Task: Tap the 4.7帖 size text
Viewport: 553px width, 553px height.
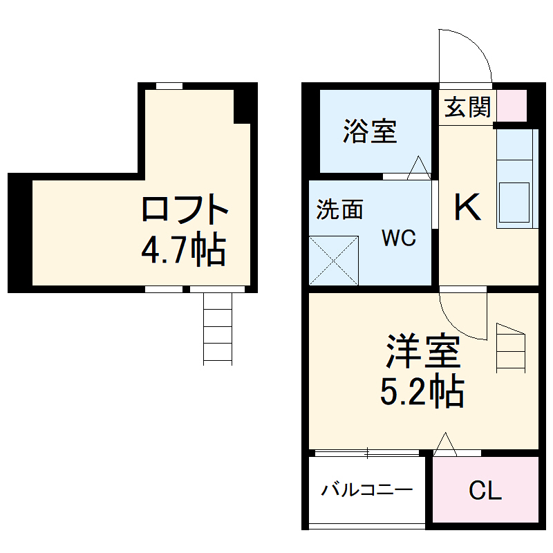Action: point(183,251)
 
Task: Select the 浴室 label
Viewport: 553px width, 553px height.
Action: point(370,131)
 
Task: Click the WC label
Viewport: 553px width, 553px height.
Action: point(399,238)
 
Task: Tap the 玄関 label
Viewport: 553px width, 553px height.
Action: point(467,108)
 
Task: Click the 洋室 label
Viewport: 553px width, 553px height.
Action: point(422,352)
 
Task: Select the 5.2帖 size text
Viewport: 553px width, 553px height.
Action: point(421,393)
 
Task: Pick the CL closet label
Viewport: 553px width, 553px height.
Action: point(485,490)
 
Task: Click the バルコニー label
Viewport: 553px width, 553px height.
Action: point(366,490)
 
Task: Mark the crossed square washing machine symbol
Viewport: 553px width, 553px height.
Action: point(334,260)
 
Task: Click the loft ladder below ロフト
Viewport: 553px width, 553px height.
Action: point(218,328)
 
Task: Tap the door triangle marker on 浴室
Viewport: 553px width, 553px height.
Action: point(418,168)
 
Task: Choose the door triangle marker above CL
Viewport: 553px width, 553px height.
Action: point(444,444)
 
